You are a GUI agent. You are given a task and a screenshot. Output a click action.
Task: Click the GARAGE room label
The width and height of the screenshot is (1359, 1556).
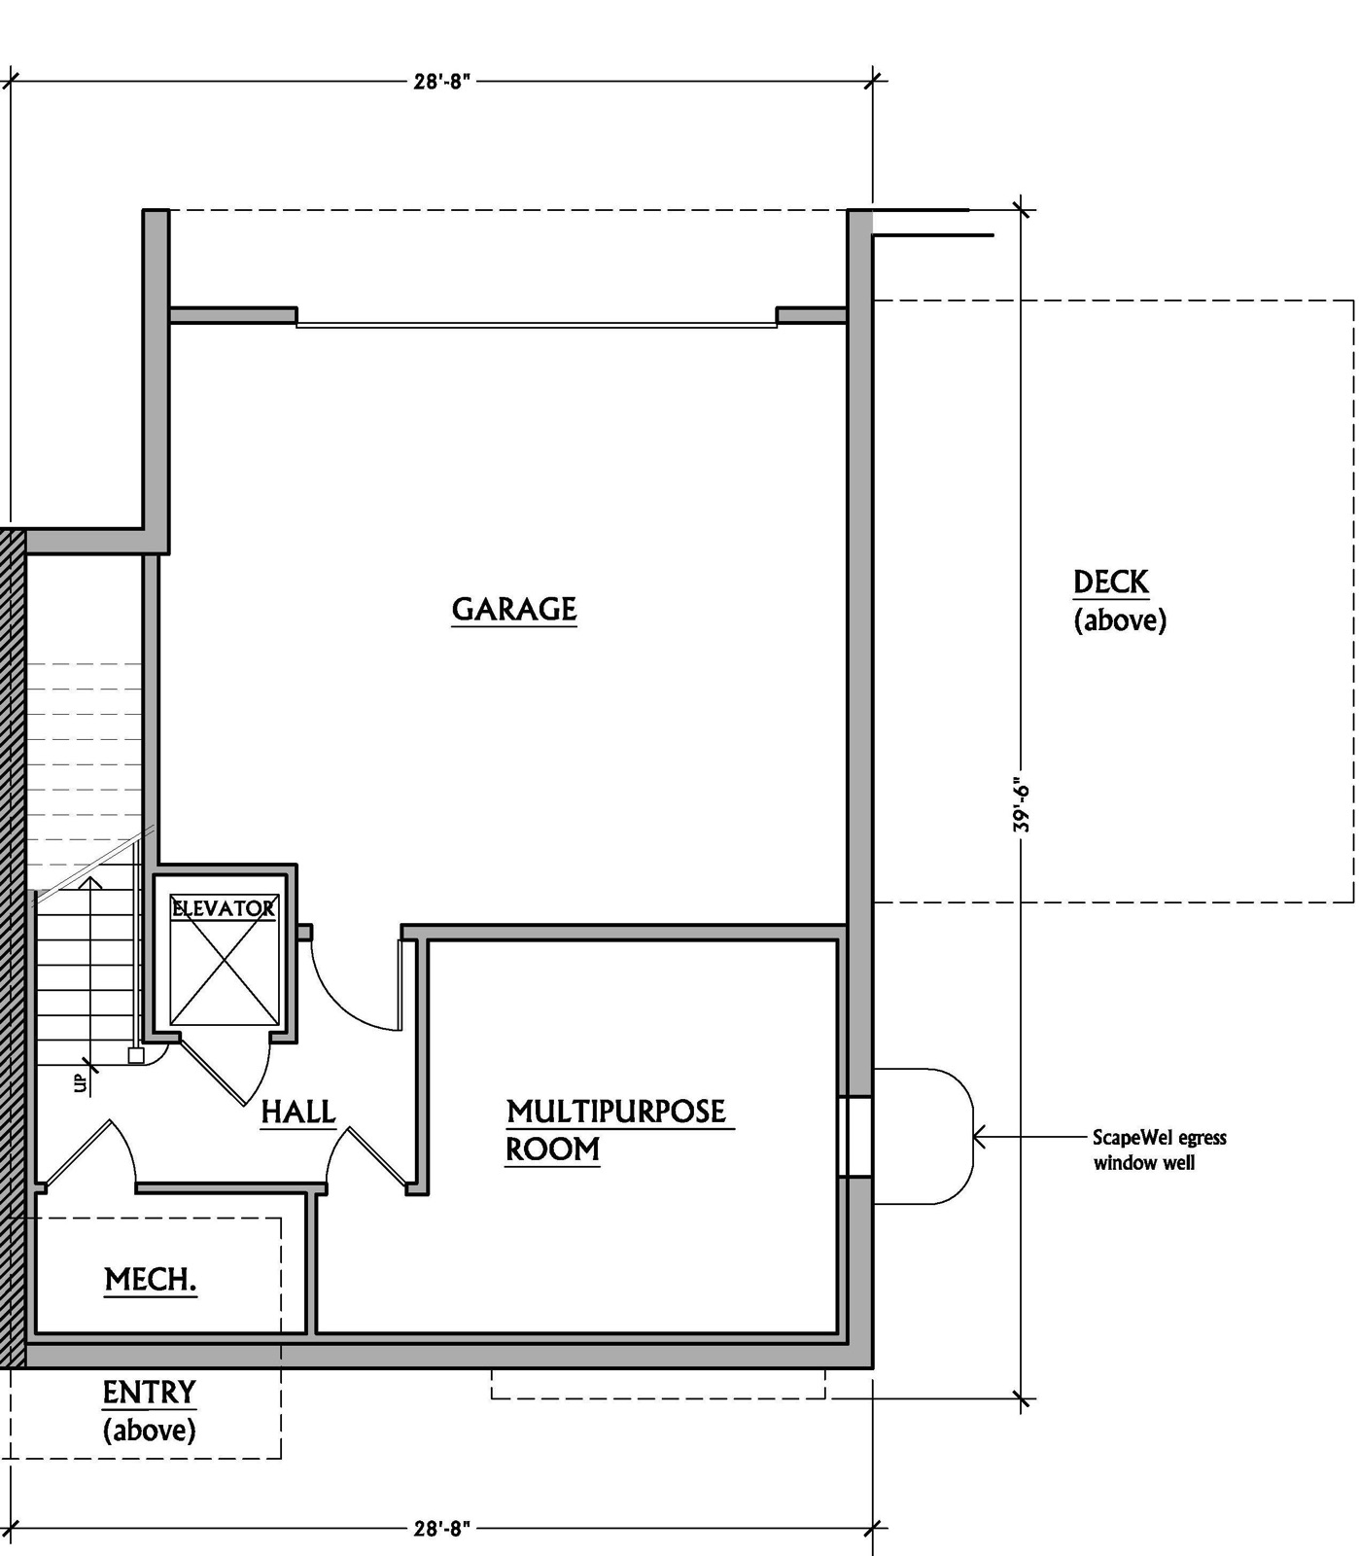point(514,610)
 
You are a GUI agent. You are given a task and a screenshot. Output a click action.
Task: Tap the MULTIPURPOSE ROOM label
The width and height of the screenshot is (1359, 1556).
point(618,1130)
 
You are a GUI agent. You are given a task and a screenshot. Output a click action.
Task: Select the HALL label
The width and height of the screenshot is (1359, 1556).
point(298,1112)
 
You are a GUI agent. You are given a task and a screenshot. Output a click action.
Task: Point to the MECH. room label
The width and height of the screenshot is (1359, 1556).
point(151,1280)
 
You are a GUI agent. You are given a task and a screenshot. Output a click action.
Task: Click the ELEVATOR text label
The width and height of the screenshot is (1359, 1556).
point(224,908)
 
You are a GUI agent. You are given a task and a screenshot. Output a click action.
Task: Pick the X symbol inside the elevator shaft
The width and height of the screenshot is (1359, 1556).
point(224,959)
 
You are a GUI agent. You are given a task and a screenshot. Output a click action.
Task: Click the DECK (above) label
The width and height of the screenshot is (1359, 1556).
point(1120,601)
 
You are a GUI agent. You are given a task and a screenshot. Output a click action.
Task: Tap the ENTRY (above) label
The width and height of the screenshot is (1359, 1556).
point(150,1411)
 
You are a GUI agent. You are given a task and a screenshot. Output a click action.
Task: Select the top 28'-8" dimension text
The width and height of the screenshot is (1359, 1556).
point(442,82)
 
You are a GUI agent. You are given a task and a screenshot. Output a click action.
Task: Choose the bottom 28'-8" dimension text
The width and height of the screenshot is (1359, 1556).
point(442,1528)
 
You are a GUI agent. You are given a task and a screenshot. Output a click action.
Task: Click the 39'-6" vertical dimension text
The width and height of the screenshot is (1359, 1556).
point(1021,804)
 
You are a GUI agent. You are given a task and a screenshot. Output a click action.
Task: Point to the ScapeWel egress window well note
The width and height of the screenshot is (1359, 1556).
point(1159,1149)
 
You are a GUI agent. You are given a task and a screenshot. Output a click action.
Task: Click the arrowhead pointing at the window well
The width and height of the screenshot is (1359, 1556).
point(980,1136)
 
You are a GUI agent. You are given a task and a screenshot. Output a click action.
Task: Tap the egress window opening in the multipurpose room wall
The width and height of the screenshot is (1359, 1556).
point(855,1137)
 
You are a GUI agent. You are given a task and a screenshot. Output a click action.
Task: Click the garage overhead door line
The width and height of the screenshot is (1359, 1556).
point(537,325)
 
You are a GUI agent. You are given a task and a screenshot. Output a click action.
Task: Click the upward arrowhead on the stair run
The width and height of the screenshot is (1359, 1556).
point(90,882)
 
